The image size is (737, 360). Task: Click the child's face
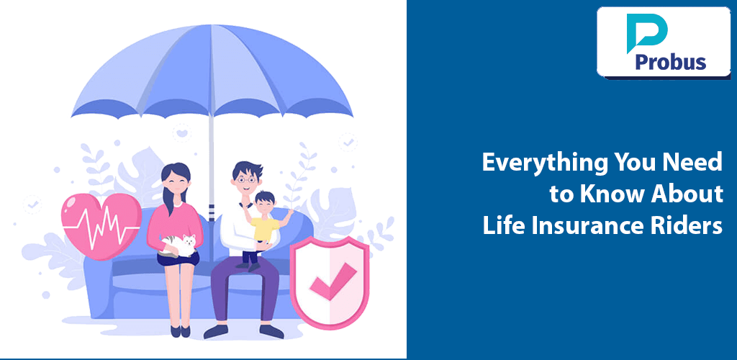[264, 203]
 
